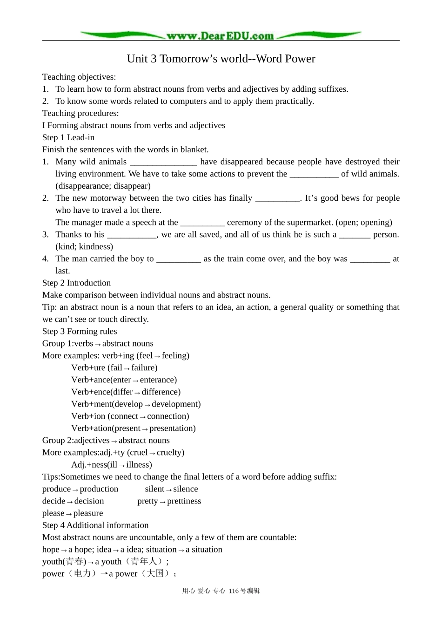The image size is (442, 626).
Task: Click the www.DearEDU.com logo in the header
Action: pyautogui.click(x=221, y=36)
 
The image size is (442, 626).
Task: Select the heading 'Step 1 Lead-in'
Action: pyautogui.click(x=68, y=137)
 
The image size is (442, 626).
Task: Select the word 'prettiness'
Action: pyautogui.click(x=184, y=501)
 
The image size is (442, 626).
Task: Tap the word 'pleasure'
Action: pyautogui.click(x=88, y=513)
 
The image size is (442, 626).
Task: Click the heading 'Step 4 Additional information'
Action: pyautogui.click(x=95, y=525)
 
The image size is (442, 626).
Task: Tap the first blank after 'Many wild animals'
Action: pyautogui.click(x=163, y=162)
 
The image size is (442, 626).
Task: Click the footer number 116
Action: pyautogui.click(x=234, y=591)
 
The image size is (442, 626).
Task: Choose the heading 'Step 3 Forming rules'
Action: pyautogui.click(x=80, y=332)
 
